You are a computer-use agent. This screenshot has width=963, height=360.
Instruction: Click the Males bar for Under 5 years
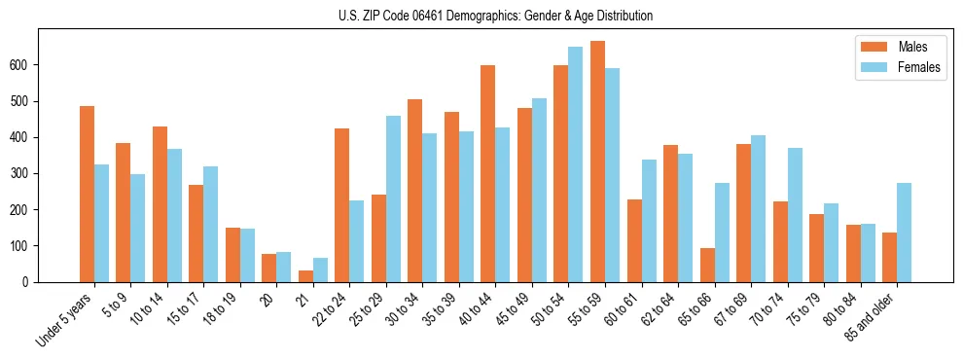(x=88, y=195)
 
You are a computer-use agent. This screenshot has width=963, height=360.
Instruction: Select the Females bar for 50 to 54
(x=576, y=164)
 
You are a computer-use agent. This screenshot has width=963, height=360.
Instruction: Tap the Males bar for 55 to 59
(x=597, y=162)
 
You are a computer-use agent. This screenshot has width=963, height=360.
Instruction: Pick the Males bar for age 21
(x=305, y=276)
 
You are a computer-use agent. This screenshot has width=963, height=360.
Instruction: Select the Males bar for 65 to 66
(x=707, y=265)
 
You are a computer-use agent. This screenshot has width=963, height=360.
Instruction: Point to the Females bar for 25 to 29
(x=393, y=199)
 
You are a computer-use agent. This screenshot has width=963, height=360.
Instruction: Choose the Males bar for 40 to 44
(x=488, y=174)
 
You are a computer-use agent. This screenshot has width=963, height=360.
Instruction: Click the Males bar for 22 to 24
(x=342, y=205)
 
